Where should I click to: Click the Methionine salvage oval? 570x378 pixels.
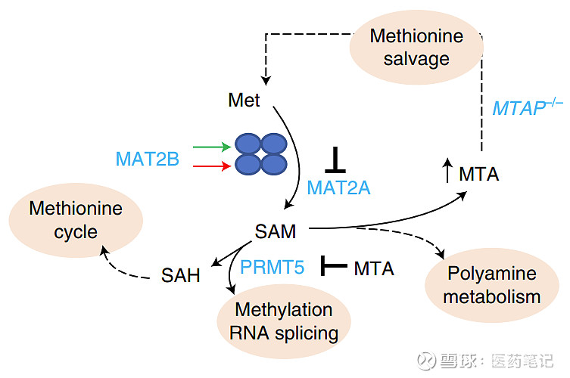[x=416, y=47]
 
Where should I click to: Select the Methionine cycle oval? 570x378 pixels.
[x=76, y=219]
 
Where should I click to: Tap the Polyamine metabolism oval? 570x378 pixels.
[x=491, y=284]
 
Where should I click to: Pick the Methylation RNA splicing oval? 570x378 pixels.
[x=284, y=321]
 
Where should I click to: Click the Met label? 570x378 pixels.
[x=244, y=100]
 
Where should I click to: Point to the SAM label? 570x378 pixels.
[x=276, y=230]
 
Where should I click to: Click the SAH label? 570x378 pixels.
[x=181, y=275]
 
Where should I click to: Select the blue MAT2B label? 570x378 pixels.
[x=147, y=159]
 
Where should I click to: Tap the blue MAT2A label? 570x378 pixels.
[x=338, y=187]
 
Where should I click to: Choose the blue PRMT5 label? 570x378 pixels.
[x=273, y=267]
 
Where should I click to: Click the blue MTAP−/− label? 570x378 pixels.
[x=528, y=107]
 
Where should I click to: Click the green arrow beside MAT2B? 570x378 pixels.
[x=211, y=147]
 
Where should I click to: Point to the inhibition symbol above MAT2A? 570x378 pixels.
[x=335, y=161]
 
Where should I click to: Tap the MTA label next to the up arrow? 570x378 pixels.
[x=479, y=174]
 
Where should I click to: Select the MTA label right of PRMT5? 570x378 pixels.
[x=374, y=268]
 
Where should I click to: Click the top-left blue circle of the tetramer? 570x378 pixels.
[x=248, y=144]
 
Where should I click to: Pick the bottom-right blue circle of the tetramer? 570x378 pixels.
[x=274, y=164]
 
